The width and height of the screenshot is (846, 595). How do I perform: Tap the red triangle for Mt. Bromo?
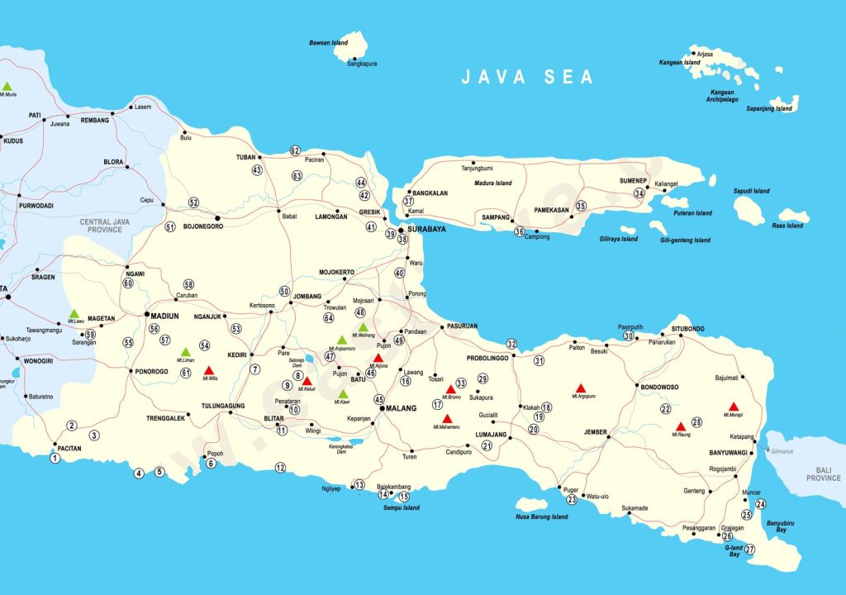pyautogui.click(x=451, y=389)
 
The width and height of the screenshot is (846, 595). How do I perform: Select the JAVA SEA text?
pyautogui.click(x=527, y=77)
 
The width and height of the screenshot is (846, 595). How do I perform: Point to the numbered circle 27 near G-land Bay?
pyautogui.click(x=750, y=550)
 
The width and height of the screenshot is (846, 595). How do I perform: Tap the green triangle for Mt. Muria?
pyautogui.click(x=7, y=86)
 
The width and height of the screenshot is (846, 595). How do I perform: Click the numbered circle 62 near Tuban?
pyautogui.click(x=295, y=150)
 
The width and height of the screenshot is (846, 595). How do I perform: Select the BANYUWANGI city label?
pyautogui.click(x=727, y=453)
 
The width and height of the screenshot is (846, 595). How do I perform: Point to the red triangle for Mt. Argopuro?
pyautogui.click(x=581, y=388)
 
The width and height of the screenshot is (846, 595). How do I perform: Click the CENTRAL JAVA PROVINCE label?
pyautogui.click(x=101, y=226)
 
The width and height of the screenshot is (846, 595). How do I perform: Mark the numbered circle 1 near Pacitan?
pyautogui.click(x=55, y=458)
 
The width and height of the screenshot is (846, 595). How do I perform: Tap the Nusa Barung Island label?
pyautogui.click(x=541, y=517)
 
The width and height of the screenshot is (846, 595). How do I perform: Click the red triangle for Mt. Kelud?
pyautogui.click(x=307, y=381)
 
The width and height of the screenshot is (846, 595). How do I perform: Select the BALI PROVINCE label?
pyautogui.click(x=824, y=474)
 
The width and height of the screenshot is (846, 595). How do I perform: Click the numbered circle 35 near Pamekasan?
pyautogui.click(x=581, y=206)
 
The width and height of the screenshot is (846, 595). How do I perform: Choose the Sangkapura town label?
pyautogui.click(x=362, y=63)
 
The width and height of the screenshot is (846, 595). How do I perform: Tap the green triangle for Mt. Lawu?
pyautogui.click(x=74, y=314)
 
